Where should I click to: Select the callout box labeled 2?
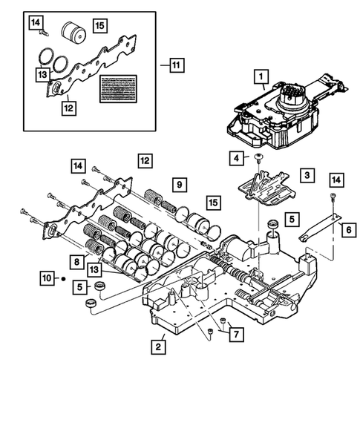(x=158, y=346)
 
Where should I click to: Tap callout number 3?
(x=305, y=175)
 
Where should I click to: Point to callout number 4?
(x=235, y=157)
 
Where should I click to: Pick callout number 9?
(x=178, y=183)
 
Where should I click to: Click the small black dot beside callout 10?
(x=64, y=278)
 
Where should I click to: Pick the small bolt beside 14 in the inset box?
(x=45, y=33)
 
